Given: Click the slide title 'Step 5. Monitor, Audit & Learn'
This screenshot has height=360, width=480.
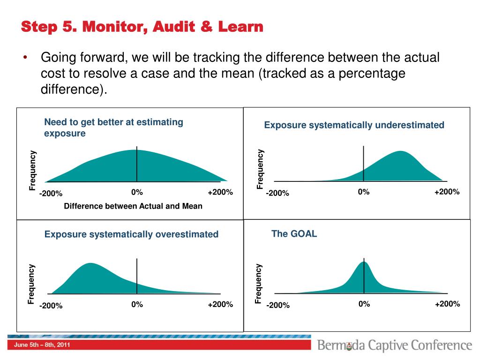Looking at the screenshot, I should click(142, 27).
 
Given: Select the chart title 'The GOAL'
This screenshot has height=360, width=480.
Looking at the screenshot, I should click(294, 234).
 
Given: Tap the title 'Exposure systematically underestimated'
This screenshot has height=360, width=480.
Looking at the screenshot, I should click(354, 125).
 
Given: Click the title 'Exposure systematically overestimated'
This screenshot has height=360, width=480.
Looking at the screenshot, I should click(131, 234).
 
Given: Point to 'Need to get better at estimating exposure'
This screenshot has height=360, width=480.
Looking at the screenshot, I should click(113, 127).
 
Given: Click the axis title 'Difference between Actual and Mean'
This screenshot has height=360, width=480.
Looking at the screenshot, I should click(133, 206).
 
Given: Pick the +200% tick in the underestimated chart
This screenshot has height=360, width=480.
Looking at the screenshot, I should click(447, 192).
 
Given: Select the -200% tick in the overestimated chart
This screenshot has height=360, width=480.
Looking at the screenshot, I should click(51, 306).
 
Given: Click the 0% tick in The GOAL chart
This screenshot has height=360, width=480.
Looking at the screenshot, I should click(364, 304).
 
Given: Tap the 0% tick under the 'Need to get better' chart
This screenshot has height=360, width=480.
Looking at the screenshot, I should click(137, 193).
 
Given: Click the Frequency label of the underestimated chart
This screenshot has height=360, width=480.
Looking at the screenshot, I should click(261, 169).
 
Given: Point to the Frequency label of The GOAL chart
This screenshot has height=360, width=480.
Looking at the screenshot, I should click(258, 283).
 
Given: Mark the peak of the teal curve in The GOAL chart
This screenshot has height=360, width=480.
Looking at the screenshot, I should click(364, 262).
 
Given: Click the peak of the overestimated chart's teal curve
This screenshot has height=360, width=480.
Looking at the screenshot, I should click(89, 264).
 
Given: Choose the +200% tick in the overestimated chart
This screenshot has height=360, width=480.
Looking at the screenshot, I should click(220, 305).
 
